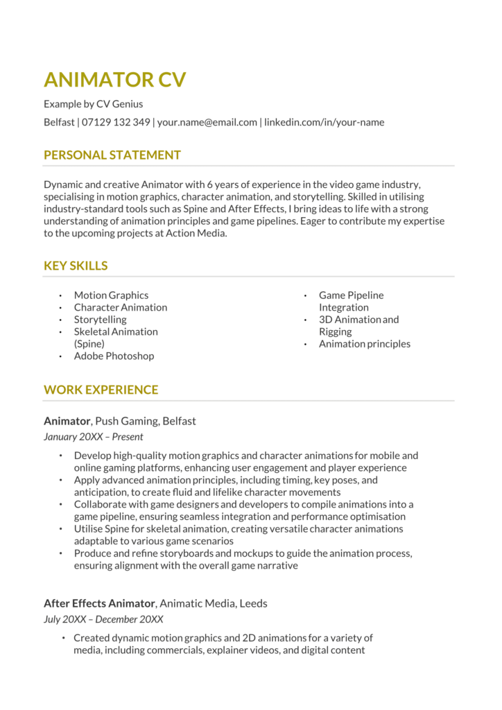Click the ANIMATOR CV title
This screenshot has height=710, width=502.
(114, 80)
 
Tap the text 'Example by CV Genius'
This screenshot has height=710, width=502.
(93, 104)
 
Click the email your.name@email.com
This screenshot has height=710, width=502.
(207, 122)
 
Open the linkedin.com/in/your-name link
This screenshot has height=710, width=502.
(324, 122)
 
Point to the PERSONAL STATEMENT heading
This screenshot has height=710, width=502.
(112, 155)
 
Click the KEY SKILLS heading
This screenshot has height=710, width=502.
(76, 266)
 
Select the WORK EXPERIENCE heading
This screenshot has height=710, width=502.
(101, 390)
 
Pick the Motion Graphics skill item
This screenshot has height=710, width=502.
(111, 295)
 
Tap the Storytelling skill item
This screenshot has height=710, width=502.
(100, 320)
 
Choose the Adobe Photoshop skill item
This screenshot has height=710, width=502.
(114, 356)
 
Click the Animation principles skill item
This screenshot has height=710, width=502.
(364, 344)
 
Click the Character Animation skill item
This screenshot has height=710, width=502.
(121, 307)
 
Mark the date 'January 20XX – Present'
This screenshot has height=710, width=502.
(93, 437)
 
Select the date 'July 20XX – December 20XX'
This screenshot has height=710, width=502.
(103, 619)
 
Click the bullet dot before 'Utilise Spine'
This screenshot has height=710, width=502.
(61, 529)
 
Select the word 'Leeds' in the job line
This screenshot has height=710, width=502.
(253, 604)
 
